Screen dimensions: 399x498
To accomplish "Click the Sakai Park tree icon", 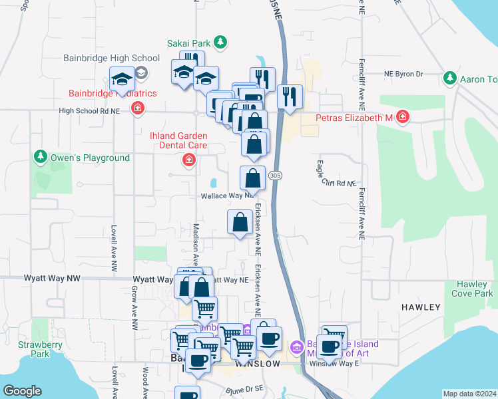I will tap(222, 44).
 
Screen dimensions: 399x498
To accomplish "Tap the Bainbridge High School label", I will tap(111, 59).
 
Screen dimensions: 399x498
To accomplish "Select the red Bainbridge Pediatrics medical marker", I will tap(138, 108).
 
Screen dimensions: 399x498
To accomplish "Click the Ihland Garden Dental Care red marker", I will tap(189, 160).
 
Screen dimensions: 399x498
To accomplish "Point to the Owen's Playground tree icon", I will tap(41, 158).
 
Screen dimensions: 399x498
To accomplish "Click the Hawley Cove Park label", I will tap(472, 289).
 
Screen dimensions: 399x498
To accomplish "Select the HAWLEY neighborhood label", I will tap(421, 307).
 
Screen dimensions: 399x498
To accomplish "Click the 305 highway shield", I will tap(276, 175).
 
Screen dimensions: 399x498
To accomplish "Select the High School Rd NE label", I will tap(89, 111).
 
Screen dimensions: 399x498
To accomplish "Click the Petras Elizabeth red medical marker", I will tap(401, 118).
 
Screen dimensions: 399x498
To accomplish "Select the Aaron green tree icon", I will tap(450, 79).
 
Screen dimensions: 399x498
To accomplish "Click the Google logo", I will tap(23, 391).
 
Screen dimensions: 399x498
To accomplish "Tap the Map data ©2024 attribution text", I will tap(469, 394).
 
